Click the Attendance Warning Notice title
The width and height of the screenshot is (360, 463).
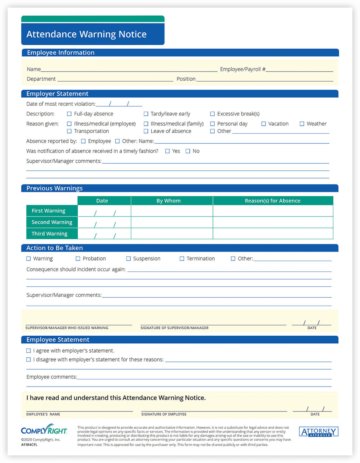[87, 34]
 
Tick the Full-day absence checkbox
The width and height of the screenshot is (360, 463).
[69, 114]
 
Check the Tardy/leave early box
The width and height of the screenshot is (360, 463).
[146, 114]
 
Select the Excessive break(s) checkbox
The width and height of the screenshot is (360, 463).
[213, 114]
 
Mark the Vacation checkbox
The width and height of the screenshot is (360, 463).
[264, 124]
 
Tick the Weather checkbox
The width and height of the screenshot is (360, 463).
[302, 124]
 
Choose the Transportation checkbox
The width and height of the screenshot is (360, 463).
[69, 131]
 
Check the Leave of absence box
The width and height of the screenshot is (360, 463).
[146, 131]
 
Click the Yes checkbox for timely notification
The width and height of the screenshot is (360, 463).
[167, 151]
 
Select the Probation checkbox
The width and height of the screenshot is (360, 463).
[78, 259]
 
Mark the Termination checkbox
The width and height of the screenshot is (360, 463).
[182, 259]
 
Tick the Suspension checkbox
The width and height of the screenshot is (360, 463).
[128, 259]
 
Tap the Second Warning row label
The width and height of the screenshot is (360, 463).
[52, 222]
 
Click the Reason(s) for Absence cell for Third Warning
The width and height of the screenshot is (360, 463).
[273, 234]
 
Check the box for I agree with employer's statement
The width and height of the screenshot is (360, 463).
[29, 351]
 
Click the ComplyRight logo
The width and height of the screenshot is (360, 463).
[44, 431]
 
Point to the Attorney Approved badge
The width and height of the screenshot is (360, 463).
[318, 432]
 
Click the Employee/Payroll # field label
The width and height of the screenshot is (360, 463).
[243, 69]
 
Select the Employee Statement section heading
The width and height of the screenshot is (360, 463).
[58, 340]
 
